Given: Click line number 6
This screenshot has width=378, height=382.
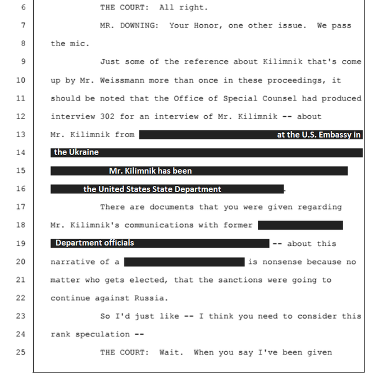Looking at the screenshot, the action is point(22,8).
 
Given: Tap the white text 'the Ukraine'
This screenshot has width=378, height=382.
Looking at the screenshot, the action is point(76,152).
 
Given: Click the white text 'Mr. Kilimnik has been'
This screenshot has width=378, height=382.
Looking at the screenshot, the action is point(150,171).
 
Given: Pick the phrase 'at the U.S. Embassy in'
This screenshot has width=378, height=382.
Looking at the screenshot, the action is point(318,135).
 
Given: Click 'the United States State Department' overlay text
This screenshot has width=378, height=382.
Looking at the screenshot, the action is point(152,189).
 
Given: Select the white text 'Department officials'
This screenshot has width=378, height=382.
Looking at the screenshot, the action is point(94,243).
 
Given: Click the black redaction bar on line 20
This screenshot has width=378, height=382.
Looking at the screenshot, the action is point(184,262).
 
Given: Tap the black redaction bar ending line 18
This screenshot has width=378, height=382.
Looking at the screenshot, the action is point(300,225).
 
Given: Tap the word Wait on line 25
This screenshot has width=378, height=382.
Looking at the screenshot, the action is point(206,352).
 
